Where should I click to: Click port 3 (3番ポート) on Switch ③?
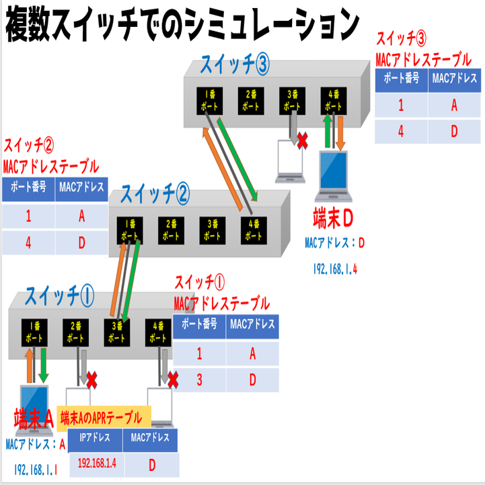pyautogui.click(x=292, y=101)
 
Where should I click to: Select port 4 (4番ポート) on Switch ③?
pyautogui.click(x=334, y=101)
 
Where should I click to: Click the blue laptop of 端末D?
pyautogui.click(x=334, y=177)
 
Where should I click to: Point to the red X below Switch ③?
pyautogui.click(x=303, y=141)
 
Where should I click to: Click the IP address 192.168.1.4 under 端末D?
pyautogui.click(x=334, y=268)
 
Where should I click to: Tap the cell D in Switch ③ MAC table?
pyautogui.click(x=454, y=130)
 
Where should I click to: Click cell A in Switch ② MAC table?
pyautogui.click(x=82, y=216)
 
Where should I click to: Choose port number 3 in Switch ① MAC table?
pyautogui.click(x=199, y=379)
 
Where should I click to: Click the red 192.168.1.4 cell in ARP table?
pyautogui.click(x=98, y=463)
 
